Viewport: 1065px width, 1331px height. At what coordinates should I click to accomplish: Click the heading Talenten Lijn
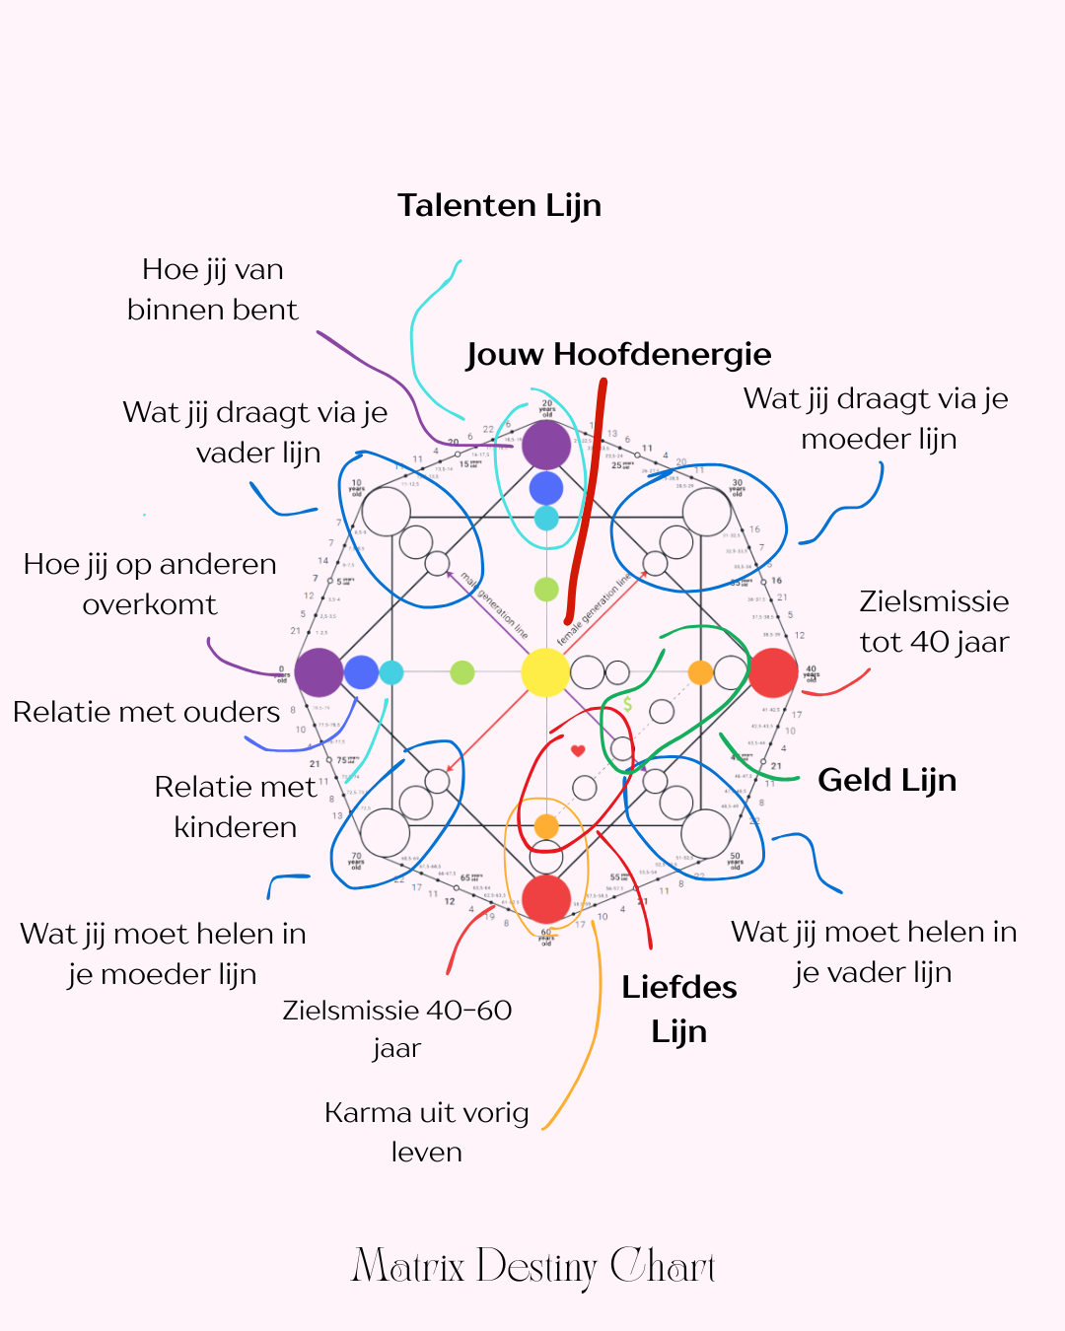499,205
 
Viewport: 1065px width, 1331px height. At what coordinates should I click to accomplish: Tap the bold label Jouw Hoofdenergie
618,354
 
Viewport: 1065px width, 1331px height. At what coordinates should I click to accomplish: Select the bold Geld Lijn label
887,780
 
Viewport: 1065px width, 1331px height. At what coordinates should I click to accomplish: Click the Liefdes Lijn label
678,1009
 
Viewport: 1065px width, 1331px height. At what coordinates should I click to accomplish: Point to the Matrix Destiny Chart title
532,1267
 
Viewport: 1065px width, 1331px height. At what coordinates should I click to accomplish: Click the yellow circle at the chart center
545,672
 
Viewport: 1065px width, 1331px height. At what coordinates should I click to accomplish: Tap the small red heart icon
578,750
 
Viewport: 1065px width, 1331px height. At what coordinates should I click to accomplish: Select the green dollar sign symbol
628,704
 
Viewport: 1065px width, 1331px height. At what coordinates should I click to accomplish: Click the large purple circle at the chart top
546,445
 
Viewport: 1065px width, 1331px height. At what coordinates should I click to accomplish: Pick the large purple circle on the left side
319,672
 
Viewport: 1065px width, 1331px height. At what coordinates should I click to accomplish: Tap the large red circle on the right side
773,672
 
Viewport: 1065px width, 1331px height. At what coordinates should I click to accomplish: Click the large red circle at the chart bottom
546,898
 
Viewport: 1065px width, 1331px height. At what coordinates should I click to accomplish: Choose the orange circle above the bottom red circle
546,826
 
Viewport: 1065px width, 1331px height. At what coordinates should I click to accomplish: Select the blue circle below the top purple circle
546,487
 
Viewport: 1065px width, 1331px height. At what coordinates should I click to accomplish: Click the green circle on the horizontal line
462,672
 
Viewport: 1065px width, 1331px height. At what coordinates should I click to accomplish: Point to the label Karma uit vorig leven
426,1132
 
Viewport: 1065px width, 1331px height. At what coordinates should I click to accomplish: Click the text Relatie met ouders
146,712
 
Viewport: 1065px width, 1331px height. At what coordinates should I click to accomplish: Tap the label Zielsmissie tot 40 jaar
933,621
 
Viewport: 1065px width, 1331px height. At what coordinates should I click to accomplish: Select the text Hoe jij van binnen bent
212,289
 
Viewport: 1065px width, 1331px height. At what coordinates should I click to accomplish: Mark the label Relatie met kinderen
235,806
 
